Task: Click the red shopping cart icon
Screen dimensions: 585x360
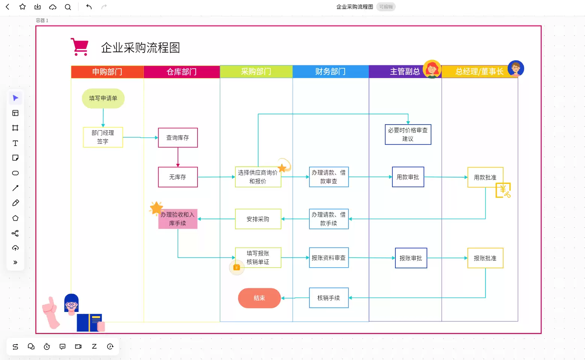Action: coord(80,47)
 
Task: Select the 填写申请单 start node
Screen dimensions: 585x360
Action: coord(103,98)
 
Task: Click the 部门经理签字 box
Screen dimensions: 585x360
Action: coord(103,137)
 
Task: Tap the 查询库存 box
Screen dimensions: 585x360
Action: coord(178,137)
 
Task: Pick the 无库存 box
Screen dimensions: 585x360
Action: coord(178,177)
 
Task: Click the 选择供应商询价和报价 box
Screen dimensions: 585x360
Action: coord(258,177)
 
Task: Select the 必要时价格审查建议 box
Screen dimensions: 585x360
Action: coord(408,134)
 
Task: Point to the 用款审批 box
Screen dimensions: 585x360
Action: coord(408,177)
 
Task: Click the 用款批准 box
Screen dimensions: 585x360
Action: coord(485,177)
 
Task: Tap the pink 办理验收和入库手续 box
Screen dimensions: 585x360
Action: coord(178,219)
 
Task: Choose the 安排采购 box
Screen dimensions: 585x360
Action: coord(258,219)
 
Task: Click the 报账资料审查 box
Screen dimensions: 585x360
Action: coord(329,258)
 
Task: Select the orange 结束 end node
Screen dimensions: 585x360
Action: coord(259,298)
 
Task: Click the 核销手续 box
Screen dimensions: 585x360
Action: coord(329,298)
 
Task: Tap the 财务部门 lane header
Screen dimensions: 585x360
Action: coord(331,72)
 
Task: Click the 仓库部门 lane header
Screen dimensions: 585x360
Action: coord(182,72)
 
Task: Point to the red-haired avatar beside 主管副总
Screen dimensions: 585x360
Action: coord(432,69)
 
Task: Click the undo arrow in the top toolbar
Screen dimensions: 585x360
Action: coord(89,7)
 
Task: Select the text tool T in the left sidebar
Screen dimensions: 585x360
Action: coord(15,143)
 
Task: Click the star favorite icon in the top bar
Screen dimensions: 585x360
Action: coord(23,6)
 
